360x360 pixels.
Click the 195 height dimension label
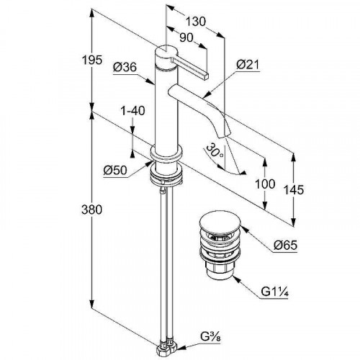[x=92, y=60]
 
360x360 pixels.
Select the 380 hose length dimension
[x=91, y=210]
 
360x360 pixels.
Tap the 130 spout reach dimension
[x=196, y=21]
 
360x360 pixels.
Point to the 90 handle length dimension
[x=186, y=37]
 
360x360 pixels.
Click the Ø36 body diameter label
[x=125, y=67]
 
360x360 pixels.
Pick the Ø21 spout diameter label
[x=248, y=64]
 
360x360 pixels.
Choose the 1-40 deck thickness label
[x=132, y=111]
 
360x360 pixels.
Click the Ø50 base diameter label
[x=115, y=170]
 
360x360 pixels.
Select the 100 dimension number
[x=265, y=184]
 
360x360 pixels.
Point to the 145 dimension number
[x=294, y=190]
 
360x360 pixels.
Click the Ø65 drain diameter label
[x=285, y=245]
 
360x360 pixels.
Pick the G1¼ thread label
[x=274, y=292]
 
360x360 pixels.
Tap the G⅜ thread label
[x=210, y=337]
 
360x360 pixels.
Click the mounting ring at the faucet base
[x=166, y=153]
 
